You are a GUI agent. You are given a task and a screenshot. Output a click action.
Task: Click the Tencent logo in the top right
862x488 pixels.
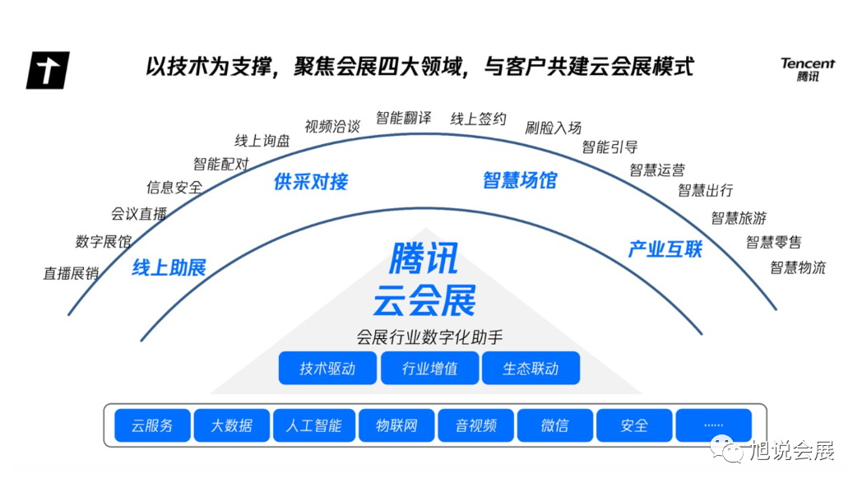pos(807,70)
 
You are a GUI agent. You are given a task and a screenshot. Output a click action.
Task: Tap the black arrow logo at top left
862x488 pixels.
pos(48,70)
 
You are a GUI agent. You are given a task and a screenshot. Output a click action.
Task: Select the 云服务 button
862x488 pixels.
pos(152,425)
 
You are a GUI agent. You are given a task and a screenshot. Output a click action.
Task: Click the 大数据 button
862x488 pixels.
pos(231,425)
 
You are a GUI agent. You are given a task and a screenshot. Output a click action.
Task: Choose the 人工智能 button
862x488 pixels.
pos(313,425)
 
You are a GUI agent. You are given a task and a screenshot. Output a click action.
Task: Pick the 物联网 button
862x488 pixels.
pos(396,425)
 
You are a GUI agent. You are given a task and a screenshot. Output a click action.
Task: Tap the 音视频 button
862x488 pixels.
pos(475,425)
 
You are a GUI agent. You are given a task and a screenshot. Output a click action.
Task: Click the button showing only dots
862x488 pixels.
pos(713,425)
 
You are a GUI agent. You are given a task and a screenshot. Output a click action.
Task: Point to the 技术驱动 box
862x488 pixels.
pos(327,368)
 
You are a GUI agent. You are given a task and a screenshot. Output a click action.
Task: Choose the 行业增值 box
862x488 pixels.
pos(429,368)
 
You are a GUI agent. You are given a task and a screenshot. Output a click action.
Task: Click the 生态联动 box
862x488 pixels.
pos(531,368)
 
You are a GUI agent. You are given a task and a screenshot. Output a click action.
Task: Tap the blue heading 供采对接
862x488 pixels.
pos(311,182)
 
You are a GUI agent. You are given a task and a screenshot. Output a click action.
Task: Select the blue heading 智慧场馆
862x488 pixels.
pos(520,180)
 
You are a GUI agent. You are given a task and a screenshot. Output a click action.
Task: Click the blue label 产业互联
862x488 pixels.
pos(665,249)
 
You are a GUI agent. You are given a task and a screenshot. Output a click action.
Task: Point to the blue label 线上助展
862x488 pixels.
pos(169,267)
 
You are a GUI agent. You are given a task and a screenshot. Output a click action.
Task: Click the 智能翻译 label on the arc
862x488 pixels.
pos(403,118)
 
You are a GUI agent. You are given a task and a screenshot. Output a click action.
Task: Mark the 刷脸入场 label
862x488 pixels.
pos(554,128)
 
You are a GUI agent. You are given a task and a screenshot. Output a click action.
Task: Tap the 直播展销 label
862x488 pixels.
pos(71,273)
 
